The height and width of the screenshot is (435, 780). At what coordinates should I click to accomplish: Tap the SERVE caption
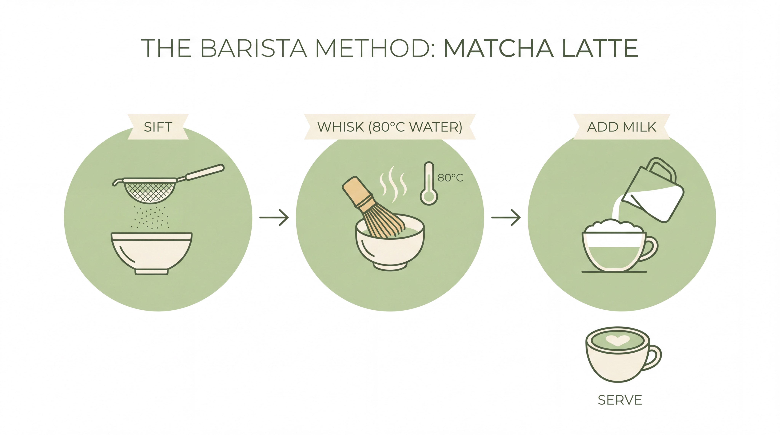click(x=620, y=400)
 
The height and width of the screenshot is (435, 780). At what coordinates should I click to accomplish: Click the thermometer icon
click(x=429, y=184)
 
